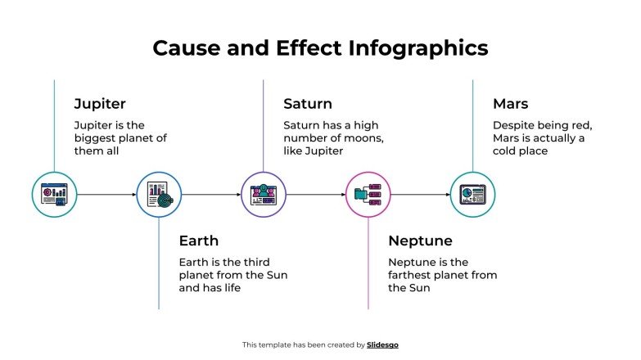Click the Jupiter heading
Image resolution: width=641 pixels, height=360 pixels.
[x=100, y=104]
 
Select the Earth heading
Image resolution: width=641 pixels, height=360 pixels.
[x=199, y=241]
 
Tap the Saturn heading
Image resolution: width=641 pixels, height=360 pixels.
[x=308, y=104]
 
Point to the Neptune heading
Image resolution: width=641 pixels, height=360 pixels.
[x=420, y=241]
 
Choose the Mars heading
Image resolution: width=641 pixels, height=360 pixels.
[x=510, y=104]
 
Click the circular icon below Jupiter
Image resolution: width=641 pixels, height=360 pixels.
[x=54, y=195]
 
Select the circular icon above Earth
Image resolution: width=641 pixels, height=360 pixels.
[x=159, y=195]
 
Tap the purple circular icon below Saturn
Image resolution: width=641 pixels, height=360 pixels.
[x=264, y=195]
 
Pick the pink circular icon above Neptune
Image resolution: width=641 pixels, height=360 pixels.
[x=368, y=195]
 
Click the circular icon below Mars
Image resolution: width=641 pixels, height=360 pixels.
[x=472, y=195]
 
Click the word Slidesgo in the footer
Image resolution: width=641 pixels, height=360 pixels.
[x=383, y=345]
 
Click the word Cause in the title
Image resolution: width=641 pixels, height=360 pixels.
[x=183, y=47]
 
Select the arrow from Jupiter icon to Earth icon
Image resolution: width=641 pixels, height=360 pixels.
[x=106, y=195]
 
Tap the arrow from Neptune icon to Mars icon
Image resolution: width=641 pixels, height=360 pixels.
[x=421, y=195]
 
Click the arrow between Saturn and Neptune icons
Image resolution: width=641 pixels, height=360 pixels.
[x=316, y=195]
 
